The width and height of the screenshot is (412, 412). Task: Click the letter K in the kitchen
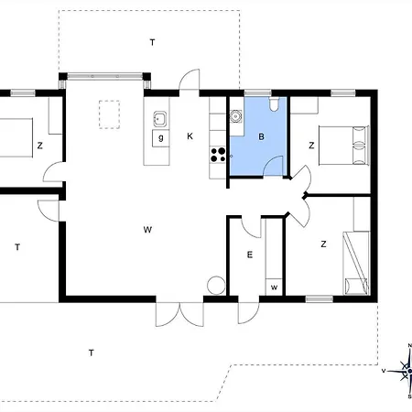click(190, 136)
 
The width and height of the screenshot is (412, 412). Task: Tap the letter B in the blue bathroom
click(261, 136)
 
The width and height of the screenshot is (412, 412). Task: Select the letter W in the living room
click(147, 230)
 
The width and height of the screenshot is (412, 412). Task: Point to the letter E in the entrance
click(250, 255)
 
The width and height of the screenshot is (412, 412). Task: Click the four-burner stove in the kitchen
click(218, 155)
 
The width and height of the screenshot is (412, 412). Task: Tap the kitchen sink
click(160, 119)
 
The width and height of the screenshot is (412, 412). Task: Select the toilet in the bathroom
click(274, 103)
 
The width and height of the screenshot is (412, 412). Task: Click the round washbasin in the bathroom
click(235, 116)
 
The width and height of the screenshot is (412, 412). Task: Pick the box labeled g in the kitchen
click(161, 138)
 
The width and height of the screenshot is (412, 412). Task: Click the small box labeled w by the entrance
click(274, 287)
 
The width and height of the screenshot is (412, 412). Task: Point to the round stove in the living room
click(216, 286)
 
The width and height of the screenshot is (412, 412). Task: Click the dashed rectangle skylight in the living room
click(109, 114)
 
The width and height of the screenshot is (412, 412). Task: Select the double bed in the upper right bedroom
click(344, 146)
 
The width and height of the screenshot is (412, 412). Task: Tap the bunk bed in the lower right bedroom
click(356, 263)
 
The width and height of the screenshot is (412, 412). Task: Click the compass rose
click(403, 371)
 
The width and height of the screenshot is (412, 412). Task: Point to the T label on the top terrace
click(152, 42)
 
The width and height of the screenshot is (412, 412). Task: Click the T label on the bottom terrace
click(91, 352)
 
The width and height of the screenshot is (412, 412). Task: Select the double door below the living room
click(179, 314)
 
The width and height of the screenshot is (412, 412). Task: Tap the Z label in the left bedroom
click(39, 146)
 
